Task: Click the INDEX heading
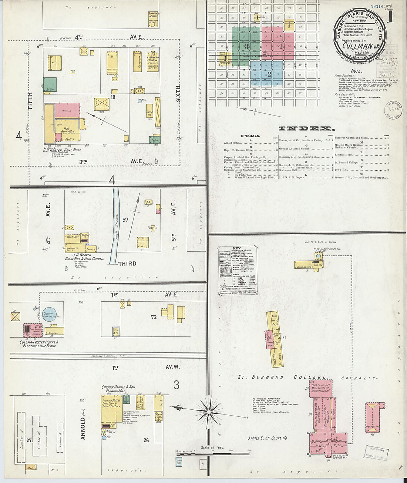pyautogui.click(x=306, y=128)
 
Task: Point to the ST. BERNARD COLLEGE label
pyautogui.click(x=283, y=377)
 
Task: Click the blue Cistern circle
pyautogui.click(x=49, y=315)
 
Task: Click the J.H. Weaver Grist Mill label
pyautogui.click(x=83, y=256)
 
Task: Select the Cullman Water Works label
pyautogui.click(x=39, y=344)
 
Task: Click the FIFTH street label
pyautogui.click(x=30, y=100)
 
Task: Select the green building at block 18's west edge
pyautogui.click(x=50, y=84)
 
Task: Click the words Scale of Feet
pyautogui.click(x=212, y=447)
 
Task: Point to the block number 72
pyautogui.click(x=154, y=317)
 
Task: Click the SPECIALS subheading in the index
pyautogui.click(x=250, y=136)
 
